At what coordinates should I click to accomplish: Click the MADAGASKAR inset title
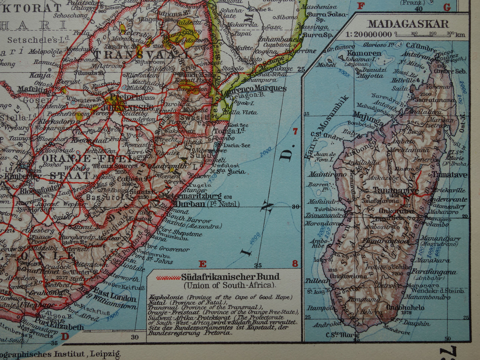pyautogui.click(x=408, y=24)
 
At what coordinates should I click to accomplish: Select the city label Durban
pyautogui.click(x=190, y=204)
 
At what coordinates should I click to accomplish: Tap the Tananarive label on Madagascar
pyautogui.click(x=391, y=191)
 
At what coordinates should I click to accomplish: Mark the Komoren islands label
pyautogui.click(x=364, y=53)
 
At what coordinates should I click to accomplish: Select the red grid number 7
pyautogui.click(x=295, y=132)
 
